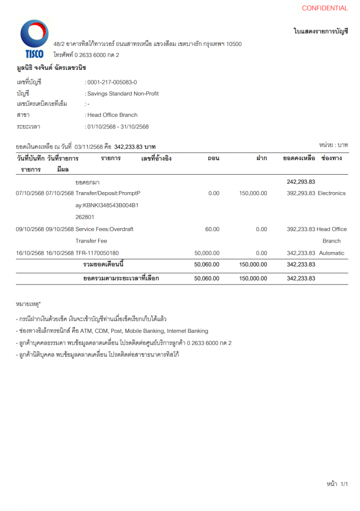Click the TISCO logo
coord(34,39)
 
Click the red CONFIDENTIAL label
coord(325,8)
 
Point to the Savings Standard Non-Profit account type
coord(123,93)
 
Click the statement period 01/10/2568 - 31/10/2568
coord(118,127)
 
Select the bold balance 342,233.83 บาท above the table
coord(135,147)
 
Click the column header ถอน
coord(213,159)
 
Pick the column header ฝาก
coord(261,159)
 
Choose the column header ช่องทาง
coord(332,159)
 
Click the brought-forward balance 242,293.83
coord(301,182)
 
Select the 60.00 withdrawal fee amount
coord(212,229)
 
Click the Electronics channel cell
coord(332,193)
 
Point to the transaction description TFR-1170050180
coord(97,253)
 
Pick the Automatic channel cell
coord(332,253)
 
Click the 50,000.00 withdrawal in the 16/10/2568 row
coord(206,253)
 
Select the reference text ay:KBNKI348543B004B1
coord(107,205)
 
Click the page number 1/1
coord(344,484)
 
